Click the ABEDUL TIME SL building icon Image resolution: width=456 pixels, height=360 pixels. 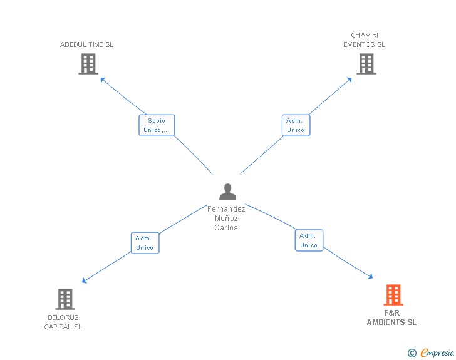(88, 64)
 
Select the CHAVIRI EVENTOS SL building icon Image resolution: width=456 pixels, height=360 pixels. (366, 64)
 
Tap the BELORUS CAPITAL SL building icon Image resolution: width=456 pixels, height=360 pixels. (65, 299)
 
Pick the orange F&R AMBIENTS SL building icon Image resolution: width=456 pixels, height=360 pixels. (393, 295)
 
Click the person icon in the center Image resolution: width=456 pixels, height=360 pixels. (228, 192)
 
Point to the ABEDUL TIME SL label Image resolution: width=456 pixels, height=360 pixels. (86, 44)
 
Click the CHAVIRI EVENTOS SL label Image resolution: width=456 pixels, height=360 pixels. (365, 40)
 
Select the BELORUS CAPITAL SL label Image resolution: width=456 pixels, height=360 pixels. (63, 322)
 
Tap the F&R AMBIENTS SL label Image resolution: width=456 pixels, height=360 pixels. (391, 317)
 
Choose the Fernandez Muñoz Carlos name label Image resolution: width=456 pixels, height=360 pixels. (227, 218)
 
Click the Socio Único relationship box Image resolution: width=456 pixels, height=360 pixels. (157, 125)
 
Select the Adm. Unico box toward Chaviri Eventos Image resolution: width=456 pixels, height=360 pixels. (296, 125)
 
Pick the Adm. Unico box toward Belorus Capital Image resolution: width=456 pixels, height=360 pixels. (145, 243)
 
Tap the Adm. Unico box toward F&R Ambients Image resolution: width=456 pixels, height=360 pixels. (309, 240)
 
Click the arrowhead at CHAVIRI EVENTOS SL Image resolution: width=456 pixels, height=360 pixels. (350, 80)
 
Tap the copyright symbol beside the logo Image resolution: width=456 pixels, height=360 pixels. (412, 353)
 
